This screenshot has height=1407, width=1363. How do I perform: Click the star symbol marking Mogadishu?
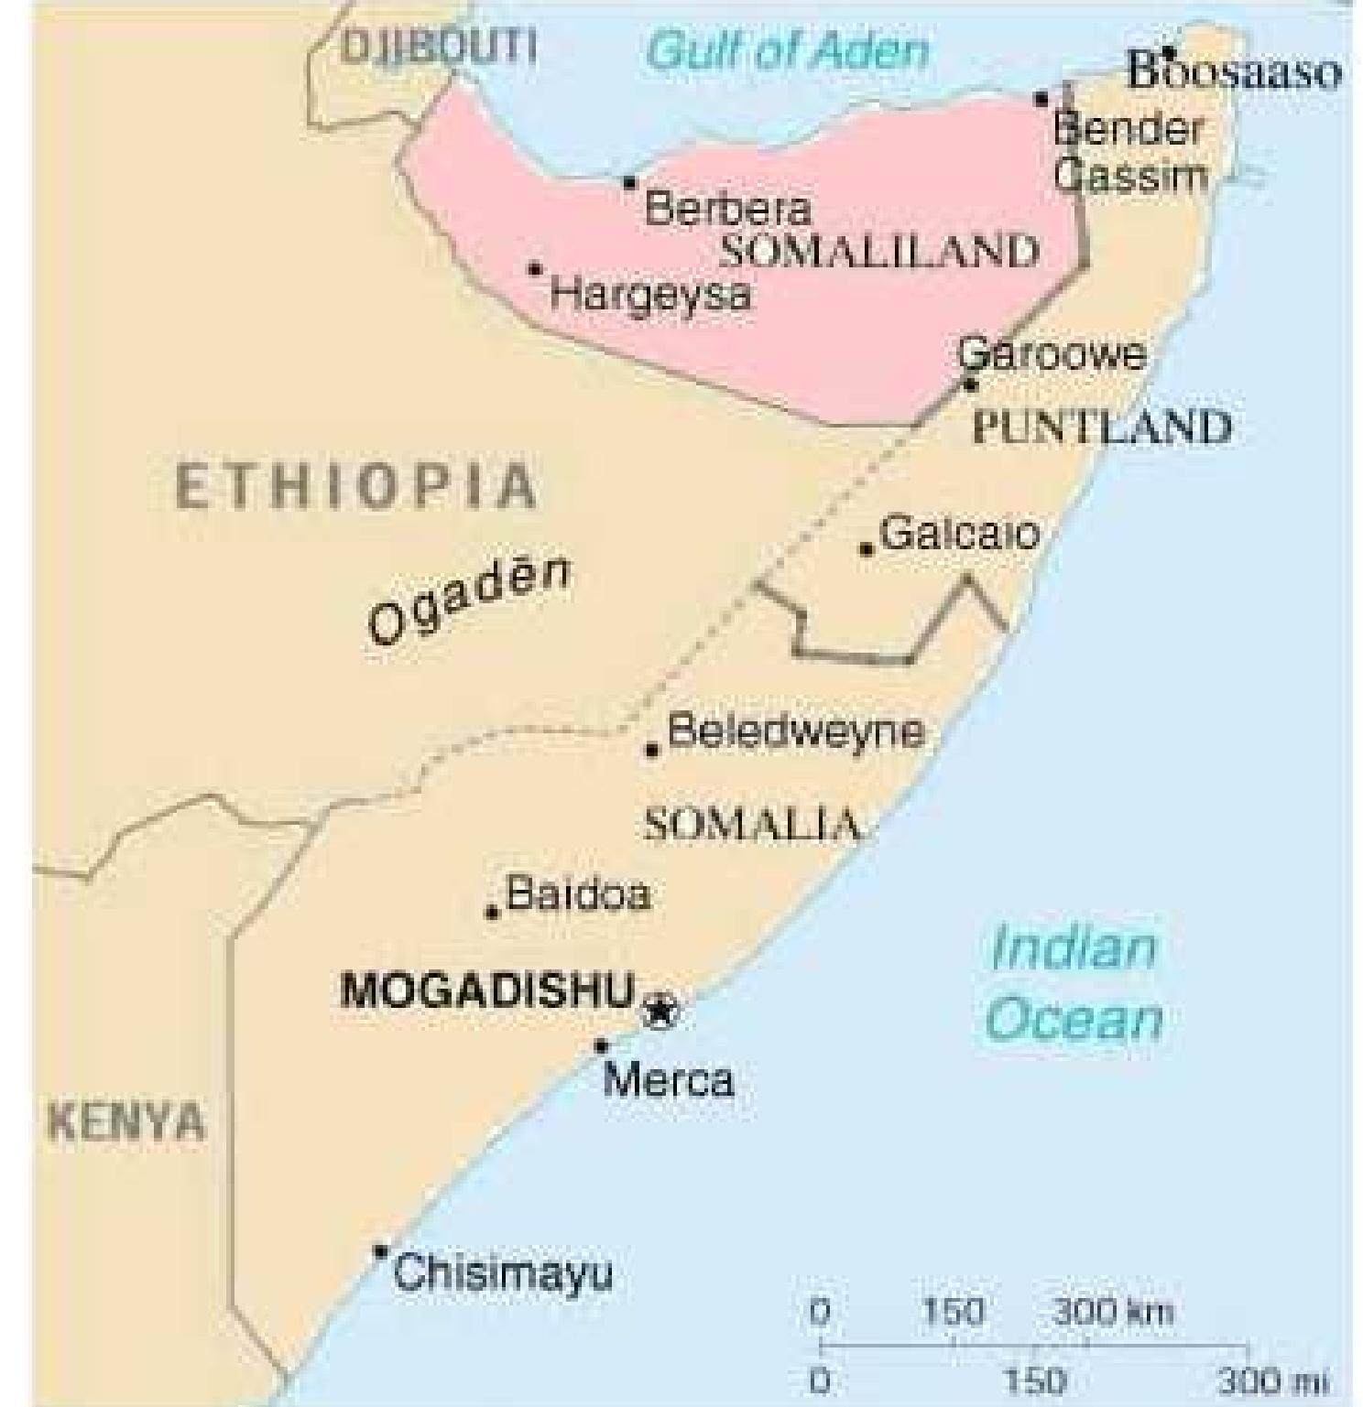[x=659, y=1012]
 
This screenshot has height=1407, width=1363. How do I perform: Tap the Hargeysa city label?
[x=651, y=295]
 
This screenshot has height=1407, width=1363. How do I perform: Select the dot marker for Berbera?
[x=629, y=182]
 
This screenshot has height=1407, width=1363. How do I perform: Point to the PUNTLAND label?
[x=1102, y=428]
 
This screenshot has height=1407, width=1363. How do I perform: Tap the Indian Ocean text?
[x=1074, y=984]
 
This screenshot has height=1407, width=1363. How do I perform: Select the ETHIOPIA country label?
[x=355, y=485]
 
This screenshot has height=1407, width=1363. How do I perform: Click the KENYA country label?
[x=125, y=1122]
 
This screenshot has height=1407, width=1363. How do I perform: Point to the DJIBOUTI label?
[x=438, y=46]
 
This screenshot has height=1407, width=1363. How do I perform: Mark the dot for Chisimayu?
[x=380, y=1251]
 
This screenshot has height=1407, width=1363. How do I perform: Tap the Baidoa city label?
[x=578, y=893]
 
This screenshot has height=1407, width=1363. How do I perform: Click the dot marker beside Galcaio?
[x=866, y=549]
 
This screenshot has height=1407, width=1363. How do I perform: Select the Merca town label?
[x=669, y=1081]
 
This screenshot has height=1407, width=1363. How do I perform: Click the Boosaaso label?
[x=1235, y=72]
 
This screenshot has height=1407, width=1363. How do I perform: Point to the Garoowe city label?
[x=1052, y=353]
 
